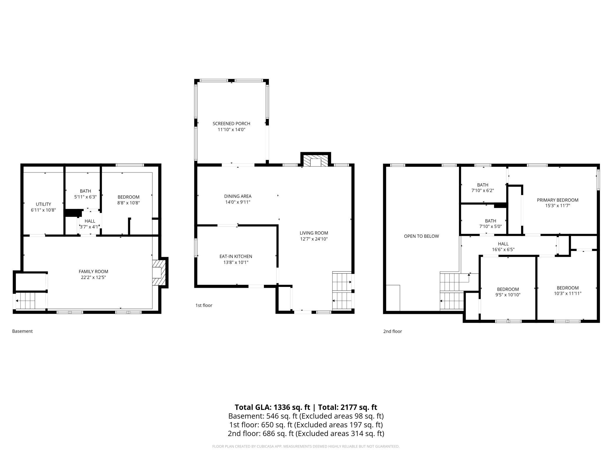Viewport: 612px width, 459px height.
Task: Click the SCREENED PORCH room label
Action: click(231, 124)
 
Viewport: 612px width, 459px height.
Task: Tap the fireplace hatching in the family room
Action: click(159, 272)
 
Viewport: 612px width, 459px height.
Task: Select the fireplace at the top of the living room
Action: click(315, 160)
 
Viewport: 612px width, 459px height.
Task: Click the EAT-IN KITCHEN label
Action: click(236, 257)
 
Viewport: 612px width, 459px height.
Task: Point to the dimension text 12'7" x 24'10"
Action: click(314, 239)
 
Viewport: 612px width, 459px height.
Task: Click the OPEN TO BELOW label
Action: click(421, 236)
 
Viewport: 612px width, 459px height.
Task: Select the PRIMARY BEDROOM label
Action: click(558, 200)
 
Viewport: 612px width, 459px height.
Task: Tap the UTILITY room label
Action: click(43, 204)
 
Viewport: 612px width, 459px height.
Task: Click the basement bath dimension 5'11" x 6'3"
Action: click(85, 197)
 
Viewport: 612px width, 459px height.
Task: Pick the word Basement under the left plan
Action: click(22, 331)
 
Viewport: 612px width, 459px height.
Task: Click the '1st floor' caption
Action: click(204, 305)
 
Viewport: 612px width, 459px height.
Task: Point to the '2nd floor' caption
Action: click(393, 331)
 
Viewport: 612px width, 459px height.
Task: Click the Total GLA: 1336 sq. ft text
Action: click(272, 407)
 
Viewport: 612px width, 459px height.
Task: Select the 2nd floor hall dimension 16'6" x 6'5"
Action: click(503, 250)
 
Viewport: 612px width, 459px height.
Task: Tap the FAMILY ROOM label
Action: click(93, 272)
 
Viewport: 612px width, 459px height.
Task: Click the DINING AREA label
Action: click(238, 196)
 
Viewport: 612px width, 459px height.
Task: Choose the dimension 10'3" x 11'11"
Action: click(568, 293)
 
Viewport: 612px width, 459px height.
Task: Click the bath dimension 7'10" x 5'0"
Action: click(490, 226)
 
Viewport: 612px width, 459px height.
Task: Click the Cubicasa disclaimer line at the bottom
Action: click(306, 446)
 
